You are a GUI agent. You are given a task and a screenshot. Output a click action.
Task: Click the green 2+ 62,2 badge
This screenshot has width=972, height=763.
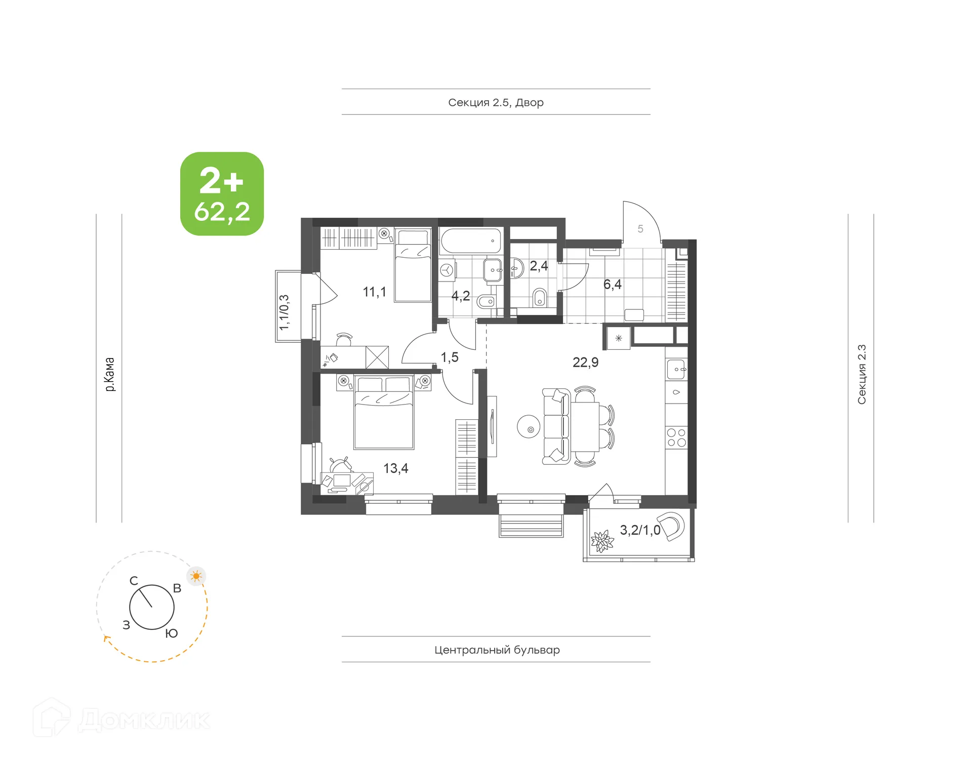pos(222,194)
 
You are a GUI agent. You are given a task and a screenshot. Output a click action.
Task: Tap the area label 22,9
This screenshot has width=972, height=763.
pos(585,363)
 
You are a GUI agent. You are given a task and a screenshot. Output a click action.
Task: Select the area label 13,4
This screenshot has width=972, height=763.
pos(395,468)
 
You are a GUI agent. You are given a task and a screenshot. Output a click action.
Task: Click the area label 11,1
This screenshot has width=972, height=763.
pos(374,292)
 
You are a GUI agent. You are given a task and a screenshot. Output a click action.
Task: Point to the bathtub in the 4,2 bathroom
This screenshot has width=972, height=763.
pos(470,241)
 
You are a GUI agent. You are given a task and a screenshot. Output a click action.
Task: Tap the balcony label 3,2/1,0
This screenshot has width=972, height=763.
pos(639,530)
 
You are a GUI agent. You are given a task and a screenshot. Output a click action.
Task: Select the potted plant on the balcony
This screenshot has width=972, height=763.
pos(602,541)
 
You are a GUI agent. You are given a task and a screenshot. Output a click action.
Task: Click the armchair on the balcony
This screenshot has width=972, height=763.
pos(671,526)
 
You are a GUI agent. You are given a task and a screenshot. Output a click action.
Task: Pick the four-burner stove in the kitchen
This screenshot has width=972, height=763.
pos(676,438)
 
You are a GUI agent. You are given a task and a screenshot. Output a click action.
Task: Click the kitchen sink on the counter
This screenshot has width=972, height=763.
pos(676,370)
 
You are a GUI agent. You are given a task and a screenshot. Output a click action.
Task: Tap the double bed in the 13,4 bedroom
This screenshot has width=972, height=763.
pos(384,415)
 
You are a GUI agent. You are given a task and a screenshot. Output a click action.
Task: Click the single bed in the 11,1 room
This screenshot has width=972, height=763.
pos(413,267)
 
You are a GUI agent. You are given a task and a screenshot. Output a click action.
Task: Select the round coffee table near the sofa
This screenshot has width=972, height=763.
pos(529,427)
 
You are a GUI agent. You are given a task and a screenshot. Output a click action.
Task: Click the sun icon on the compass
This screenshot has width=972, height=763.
pos(196,576)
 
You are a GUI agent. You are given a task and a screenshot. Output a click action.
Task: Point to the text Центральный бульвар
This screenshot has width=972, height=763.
pos(497,650)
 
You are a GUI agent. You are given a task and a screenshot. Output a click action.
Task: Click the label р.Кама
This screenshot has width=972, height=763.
pos(109,375)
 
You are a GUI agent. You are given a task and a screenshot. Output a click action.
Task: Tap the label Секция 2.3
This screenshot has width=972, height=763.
pos(861,375)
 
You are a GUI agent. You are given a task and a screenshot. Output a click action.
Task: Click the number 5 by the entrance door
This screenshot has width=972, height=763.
pos(640,229)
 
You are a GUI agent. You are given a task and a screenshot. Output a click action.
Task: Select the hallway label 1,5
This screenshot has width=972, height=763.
pos(450,357)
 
